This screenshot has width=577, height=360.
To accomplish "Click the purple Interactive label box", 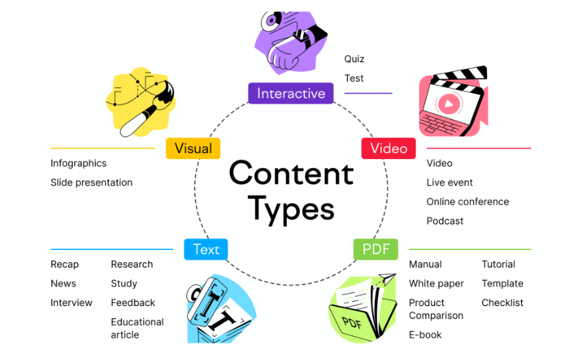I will click(291, 94).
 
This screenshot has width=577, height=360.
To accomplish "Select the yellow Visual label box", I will click(193, 148).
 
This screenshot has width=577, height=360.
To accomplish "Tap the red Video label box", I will click(389, 148).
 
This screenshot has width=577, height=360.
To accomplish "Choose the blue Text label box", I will click(206, 249).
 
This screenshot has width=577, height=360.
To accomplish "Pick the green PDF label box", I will click(376, 249).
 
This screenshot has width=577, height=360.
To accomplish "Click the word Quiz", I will click(354, 59).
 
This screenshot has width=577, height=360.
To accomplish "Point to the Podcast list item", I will click(445, 221).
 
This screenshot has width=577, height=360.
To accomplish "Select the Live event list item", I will click(449, 182).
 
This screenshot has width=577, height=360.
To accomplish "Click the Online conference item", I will click(468, 202).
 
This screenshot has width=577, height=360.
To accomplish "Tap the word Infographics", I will click(79, 163).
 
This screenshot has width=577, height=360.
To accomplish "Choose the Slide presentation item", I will click(92, 182).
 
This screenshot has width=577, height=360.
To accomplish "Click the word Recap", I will click(65, 264).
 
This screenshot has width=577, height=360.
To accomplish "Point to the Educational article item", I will click(137, 328).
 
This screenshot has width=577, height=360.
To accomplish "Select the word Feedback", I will click(133, 303).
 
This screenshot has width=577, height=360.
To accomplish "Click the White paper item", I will click(436, 283).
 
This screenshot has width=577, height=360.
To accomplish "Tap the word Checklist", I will click(503, 303).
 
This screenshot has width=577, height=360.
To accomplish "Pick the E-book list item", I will click(425, 335).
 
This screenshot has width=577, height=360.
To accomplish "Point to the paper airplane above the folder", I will click(387, 279).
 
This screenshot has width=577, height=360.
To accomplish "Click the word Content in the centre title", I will click(292, 173).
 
